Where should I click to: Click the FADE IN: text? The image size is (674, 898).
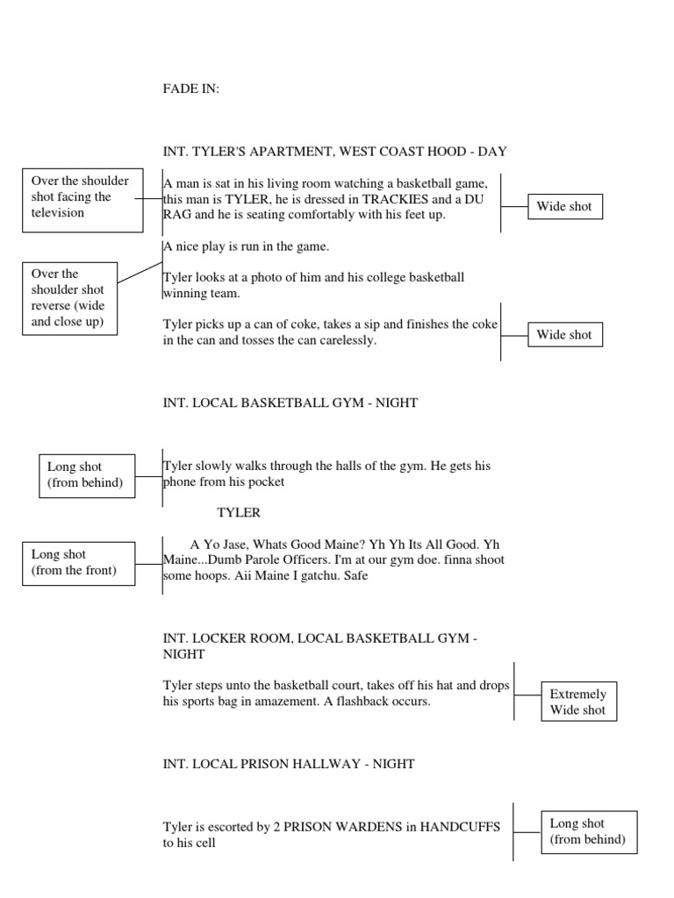pos(191,89)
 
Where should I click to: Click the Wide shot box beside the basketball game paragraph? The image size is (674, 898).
pos(564,207)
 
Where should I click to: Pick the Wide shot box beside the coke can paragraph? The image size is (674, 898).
pos(564,334)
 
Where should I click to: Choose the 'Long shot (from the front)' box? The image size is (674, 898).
pos(79,563)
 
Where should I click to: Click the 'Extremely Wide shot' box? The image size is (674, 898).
pos(578,702)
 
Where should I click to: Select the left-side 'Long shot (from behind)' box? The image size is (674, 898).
pos(86,475)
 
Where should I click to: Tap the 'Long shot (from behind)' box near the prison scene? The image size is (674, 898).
pos(588,831)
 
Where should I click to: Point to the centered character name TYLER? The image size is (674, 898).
pos(239,512)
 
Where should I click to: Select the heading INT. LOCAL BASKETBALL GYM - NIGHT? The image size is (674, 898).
pos(290,403)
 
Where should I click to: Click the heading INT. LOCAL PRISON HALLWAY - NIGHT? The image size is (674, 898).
pos(289,764)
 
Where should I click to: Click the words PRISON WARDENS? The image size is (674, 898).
pos(345,826)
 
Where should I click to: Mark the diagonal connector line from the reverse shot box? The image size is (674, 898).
pos(140,270)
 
